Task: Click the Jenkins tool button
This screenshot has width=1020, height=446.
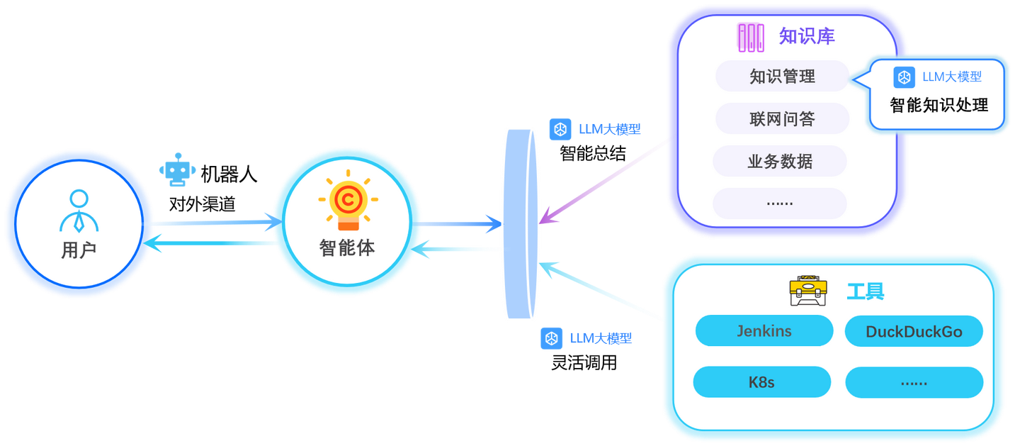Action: [x=764, y=330]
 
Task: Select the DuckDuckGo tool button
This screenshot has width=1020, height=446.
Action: [x=914, y=331]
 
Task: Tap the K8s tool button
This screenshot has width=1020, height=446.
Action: [x=762, y=381]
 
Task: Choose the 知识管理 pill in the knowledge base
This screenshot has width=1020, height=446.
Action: [x=782, y=76]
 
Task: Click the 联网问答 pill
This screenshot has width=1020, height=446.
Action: [x=782, y=118]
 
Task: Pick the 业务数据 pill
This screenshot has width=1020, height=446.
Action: [x=780, y=161]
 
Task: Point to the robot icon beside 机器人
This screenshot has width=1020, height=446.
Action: [x=177, y=169]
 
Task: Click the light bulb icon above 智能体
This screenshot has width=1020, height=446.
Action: [x=348, y=200]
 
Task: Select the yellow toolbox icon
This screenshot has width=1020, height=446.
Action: [x=808, y=291]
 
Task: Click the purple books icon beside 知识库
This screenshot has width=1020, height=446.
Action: [x=751, y=38]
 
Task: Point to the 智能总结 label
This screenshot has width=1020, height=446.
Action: [x=592, y=154]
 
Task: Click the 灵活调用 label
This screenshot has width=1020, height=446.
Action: [x=584, y=363]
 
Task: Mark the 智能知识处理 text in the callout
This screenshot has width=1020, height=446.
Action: [x=939, y=106]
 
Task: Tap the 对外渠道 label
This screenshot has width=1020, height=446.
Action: [x=202, y=204]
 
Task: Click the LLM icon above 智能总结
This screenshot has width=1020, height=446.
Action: [x=560, y=130]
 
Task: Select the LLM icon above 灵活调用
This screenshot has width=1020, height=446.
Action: [x=551, y=338]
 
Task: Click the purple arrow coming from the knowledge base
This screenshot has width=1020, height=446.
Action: [x=603, y=182]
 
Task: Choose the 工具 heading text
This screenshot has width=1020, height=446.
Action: [x=865, y=291]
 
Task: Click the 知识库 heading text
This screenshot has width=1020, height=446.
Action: [x=807, y=36]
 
